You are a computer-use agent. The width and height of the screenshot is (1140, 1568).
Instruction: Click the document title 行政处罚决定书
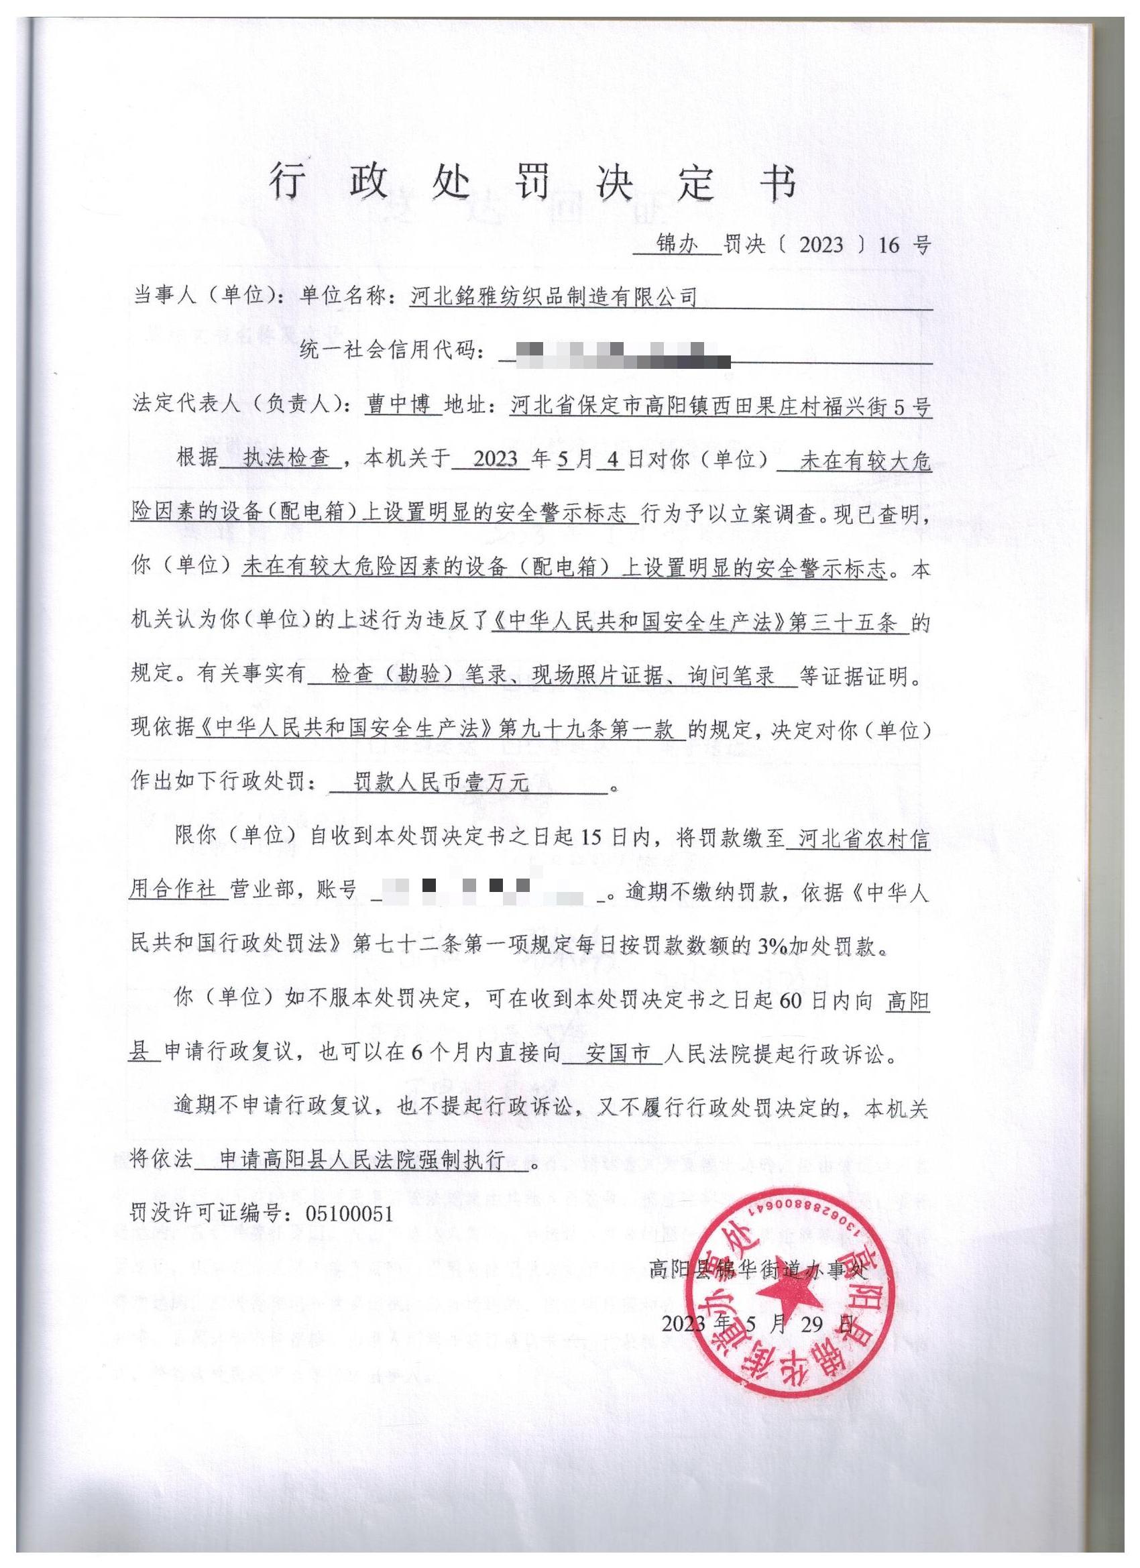click(x=532, y=183)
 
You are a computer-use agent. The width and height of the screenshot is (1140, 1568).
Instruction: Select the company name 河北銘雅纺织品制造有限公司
click(x=553, y=296)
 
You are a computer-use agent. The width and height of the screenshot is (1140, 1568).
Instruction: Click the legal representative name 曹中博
click(x=402, y=404)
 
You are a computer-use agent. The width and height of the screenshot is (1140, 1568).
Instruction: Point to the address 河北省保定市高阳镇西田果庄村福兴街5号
click(x=721, y=406)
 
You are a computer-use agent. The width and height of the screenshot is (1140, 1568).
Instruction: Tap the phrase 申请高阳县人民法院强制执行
click(x=362, y=1160)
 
